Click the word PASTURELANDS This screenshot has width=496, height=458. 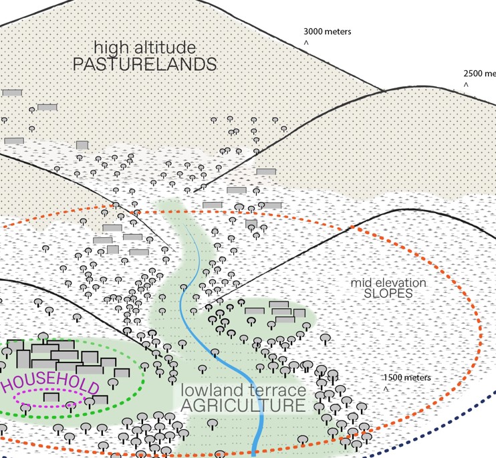(144, 65)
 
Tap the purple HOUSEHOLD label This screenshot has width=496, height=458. (51, 387)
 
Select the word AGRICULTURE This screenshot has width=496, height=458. (243, 406)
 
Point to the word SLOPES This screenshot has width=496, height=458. (388, 293)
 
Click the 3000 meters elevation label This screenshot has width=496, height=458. (327, 31)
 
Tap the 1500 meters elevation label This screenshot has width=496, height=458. (407, 378)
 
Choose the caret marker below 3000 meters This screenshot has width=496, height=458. (306, 43)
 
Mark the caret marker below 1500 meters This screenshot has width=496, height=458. (386, 389)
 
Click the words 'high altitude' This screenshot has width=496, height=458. (145, 48)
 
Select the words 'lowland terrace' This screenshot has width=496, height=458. (243, 390)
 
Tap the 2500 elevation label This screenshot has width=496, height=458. (479, 74)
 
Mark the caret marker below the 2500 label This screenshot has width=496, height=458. (467, 86)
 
